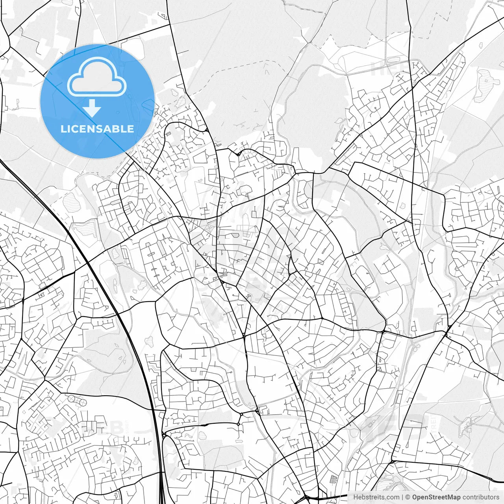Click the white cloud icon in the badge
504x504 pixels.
point(97,77)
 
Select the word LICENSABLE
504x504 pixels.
point(97,129)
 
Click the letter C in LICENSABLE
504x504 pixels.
point(74,129)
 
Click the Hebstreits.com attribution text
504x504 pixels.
point(376,497)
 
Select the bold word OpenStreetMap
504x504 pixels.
point(436,497)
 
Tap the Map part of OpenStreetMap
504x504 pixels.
point(453,497)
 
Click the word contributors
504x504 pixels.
point(480,497)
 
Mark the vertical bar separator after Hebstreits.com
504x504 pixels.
point(402,497)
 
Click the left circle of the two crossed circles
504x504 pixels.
point(71,399)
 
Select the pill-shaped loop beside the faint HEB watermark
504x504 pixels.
point(393,60)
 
